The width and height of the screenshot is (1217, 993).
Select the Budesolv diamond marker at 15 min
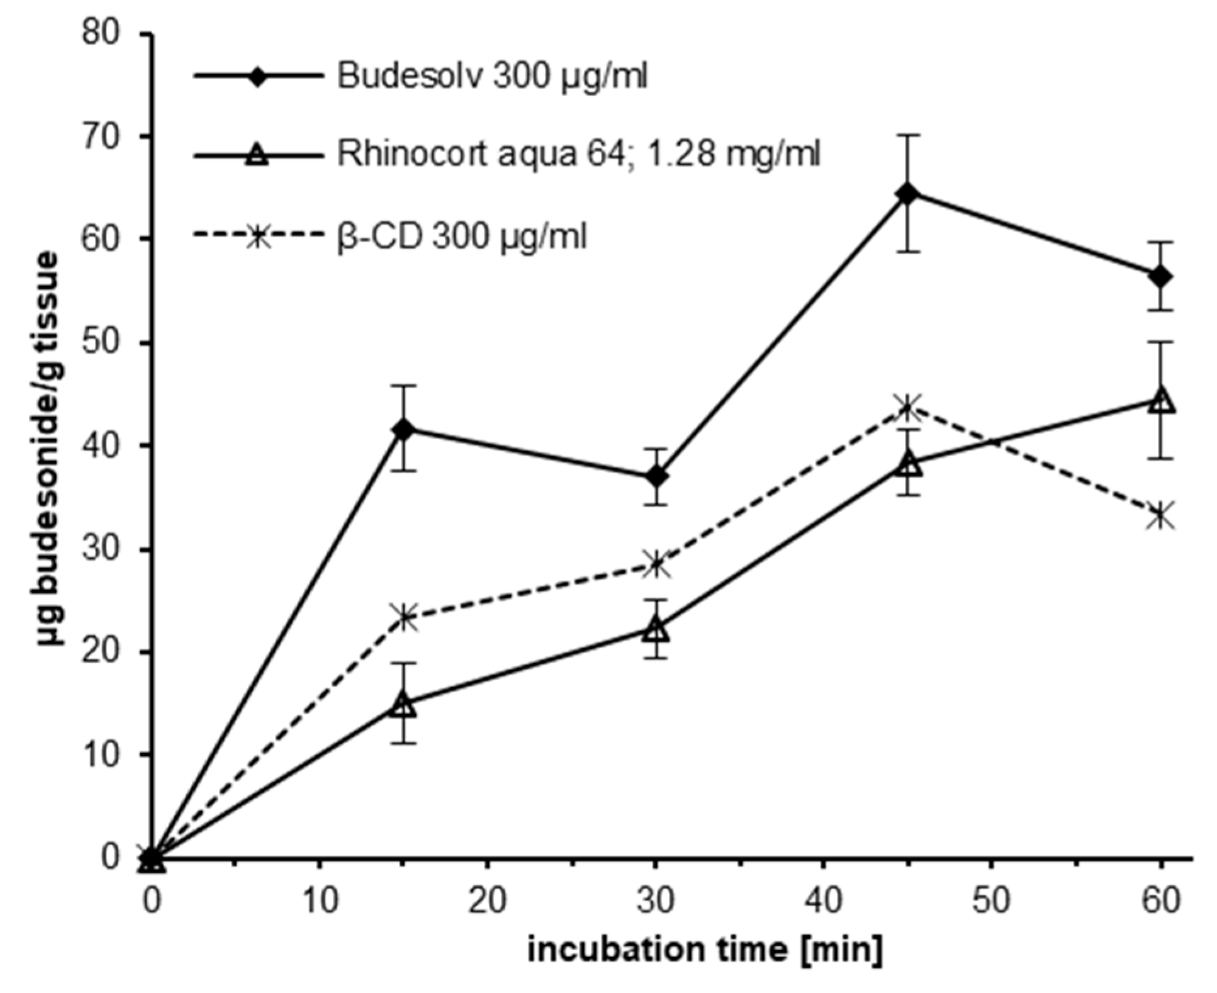pos(403,429)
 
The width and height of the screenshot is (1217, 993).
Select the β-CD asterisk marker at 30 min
pos(656,564)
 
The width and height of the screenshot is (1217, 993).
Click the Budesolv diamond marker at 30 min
pos(656,477)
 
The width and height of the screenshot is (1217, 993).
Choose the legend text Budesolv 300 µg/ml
pos(493,77)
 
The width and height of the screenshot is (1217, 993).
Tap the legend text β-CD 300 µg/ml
pos(462,237)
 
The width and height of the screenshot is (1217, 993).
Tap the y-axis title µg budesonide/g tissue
pos(47,449)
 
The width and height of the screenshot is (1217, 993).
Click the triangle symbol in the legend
pos(258,155)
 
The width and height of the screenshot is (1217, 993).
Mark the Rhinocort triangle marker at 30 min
pos(656,629)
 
